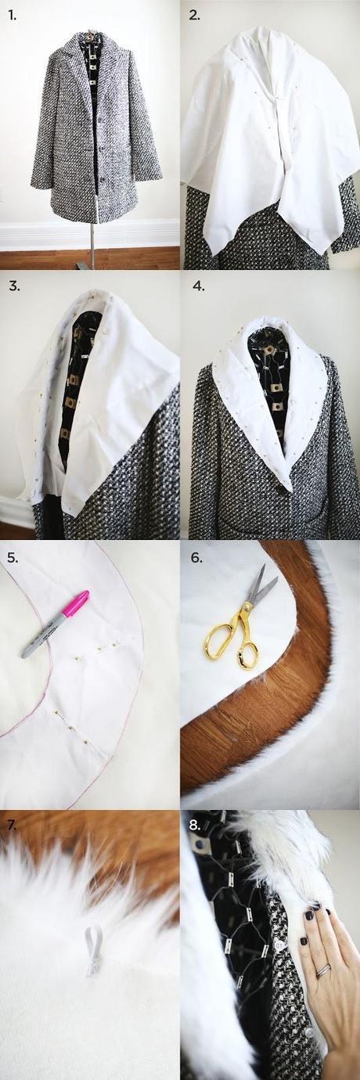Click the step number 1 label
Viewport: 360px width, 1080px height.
(12, 16)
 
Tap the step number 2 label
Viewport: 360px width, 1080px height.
(194, 16)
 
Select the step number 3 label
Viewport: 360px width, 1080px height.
(14, 286)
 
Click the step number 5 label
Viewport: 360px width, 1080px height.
(13, 558)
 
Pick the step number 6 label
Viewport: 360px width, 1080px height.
(196, 558)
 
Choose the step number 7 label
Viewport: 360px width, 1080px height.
(12, 824)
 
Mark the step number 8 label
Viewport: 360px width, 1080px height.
(194, 824)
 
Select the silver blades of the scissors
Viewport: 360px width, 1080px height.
(263, 582)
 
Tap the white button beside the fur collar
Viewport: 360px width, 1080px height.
(279, 930)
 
